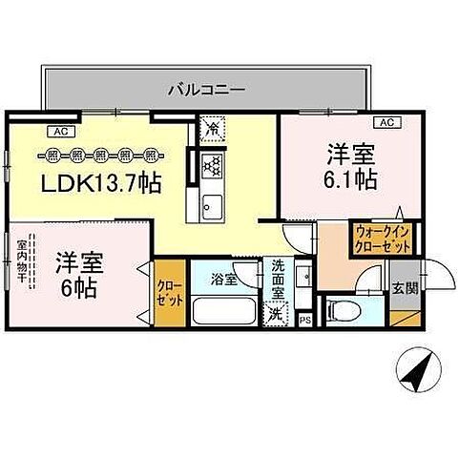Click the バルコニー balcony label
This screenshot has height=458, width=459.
pos(205,89)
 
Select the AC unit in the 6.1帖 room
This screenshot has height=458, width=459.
pos(387,122)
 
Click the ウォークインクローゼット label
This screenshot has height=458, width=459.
pos(383,239)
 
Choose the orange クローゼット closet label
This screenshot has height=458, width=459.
pos(167,292)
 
